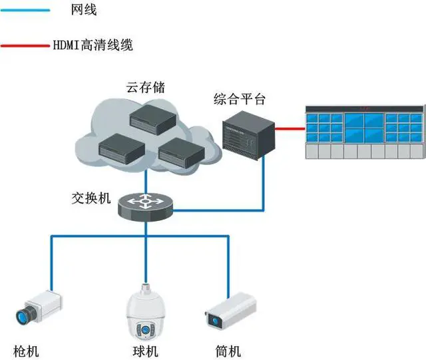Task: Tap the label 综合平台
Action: pyautogui.click(x=240, y=100)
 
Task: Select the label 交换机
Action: pyautogui.click(x=91, y=199)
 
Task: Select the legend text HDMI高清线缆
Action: pyautogui.click(x=93, y=45)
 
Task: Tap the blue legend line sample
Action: pyautogui.click(x=27, y=10)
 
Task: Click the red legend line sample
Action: pyautogui.click(x=27, y=45)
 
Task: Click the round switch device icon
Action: pyautogui.click(x=145, y=205)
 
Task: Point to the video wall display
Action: pyautogui.click(x=363, y=131)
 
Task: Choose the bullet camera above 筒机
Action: pyautogui.click(x=226, y=311)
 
